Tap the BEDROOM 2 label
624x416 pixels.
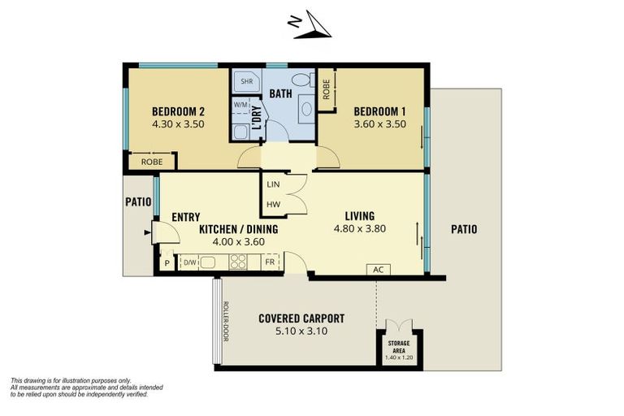(x=178, y=111)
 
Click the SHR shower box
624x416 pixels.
(x=246, y=82)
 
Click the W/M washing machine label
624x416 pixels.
(x=241, y=105)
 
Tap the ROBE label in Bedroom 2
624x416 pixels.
(x=152, y=162)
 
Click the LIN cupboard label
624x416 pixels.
(x=273, y=184)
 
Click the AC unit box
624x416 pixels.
(x=378, y=269)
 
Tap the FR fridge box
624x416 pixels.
(x=269, y=262)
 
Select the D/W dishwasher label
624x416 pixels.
(x=189, y=262)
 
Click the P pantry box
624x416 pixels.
(x=167, y=262)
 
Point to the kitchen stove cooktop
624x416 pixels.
(x=239, y=262)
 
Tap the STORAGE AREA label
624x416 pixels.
(x=398, y=346)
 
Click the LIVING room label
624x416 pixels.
(x=359, y=215)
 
